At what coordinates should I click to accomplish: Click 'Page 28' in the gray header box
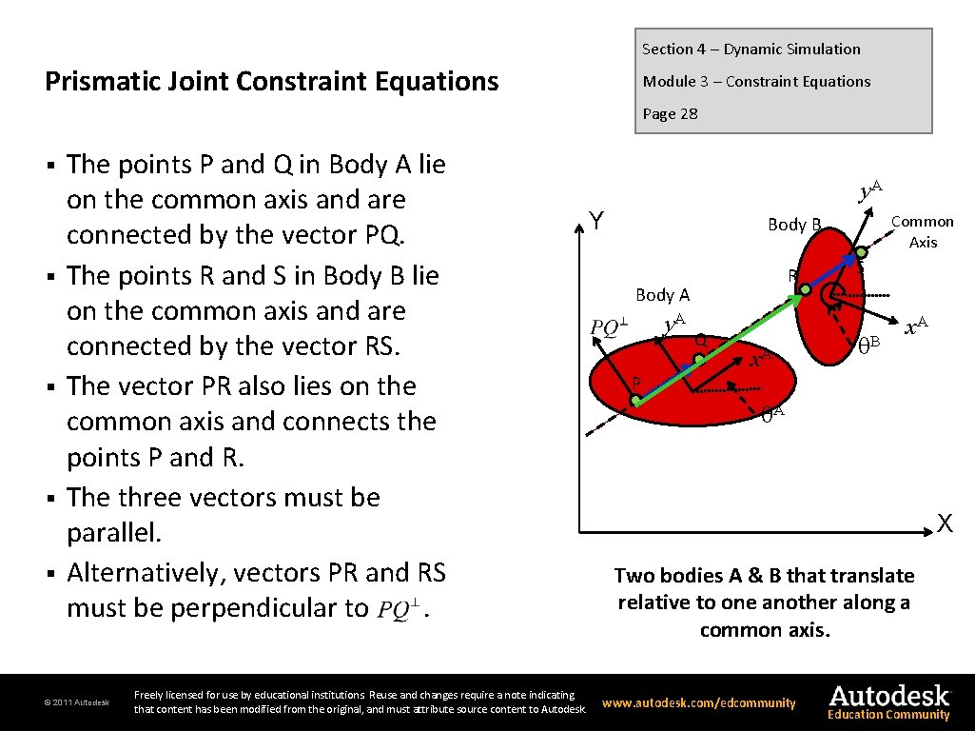click(x=670, y=114)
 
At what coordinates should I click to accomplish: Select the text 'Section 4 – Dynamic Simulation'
click(x=751, y=49)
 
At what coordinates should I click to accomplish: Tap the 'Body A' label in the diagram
click(x=662, y=295)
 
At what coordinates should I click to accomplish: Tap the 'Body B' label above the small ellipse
click(x=794, y=225)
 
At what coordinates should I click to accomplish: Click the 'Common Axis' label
click(x=922, y=231)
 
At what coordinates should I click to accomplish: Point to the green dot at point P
click(x=635, y=403)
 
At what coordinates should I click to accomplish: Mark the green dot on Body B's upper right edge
click(x=861, y=251)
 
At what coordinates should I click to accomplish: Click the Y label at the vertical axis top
click(x=595, y=222)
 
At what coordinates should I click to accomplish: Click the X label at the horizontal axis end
click(x=945, y=523)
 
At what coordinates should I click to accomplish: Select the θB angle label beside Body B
click(x=868, y=342)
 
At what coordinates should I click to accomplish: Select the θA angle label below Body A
click(x=771, y=413)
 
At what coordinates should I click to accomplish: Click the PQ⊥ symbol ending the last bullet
click(x=399, y=609)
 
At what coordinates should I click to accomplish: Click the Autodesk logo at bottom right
click(x=888, y=701)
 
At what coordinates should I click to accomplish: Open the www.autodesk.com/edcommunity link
click(x=698, y=703)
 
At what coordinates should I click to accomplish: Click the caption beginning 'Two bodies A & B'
click(x=764, y=603)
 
